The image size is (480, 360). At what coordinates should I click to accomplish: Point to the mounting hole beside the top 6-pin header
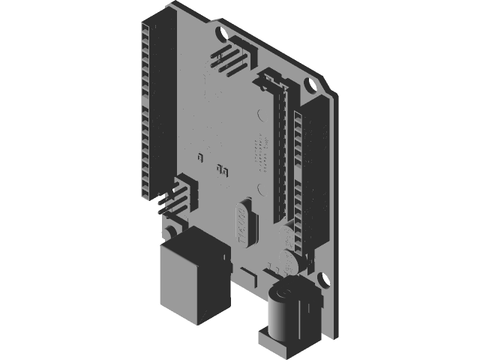(x=220, y=34)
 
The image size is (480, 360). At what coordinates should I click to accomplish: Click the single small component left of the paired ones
(x=200, y=158)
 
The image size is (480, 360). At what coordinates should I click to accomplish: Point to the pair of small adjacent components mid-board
(x=221, y=169)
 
